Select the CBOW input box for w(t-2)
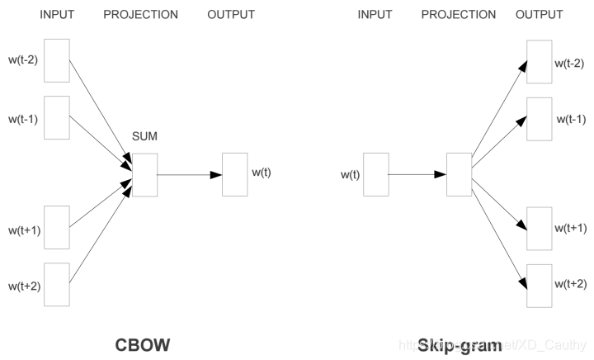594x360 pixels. (x=57, y=60)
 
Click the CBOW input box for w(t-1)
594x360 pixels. (x=57, y=118)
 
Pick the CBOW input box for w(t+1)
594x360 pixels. (x=57, y=227)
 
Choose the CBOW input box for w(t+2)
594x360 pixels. (x=57, y=285)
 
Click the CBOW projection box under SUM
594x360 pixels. (x=144, y=174)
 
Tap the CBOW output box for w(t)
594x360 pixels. (x=234, y=174)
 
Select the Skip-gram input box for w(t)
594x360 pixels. (x=375, y=174)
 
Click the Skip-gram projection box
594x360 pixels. (x=459, y=174)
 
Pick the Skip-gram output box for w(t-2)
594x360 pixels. (x=539, y=62)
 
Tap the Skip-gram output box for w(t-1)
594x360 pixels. (x=539, y=118)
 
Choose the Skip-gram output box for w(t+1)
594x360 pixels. (x=539, y=229)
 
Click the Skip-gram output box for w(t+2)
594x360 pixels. (x=539, y=285)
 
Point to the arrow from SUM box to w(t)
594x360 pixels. (x=189, y=175)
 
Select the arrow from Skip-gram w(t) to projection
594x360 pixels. (x=417, y=175)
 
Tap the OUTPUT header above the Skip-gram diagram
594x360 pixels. (x=539, y=15)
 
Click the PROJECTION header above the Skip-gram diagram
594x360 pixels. (x=458, y=15)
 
